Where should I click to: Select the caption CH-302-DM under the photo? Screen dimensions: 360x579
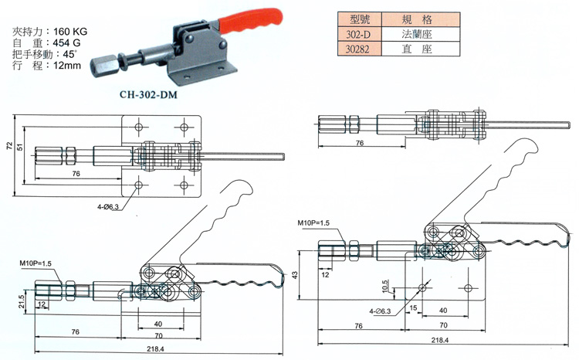pyautogui.click(x=154, y=96)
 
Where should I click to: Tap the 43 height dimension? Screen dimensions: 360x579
pyautogui.click(x=294, y=276)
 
